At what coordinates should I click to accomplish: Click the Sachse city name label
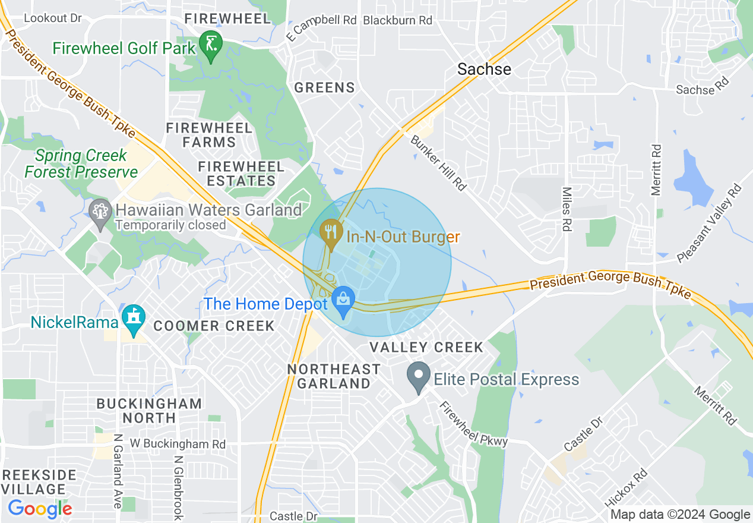pyautogui.click(x=484, y=70)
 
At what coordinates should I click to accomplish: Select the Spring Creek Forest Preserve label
pyautogui.click(x=81, y=164)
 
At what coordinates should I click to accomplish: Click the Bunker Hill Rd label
pyautogui.click(x=438, y=162)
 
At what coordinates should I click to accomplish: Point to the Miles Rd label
pyautogui.click(x=567, y=209)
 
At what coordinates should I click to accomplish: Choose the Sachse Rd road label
pyautogui.click(x=702, y=87)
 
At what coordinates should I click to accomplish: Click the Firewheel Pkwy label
pyautogui.click(x=473, y=424)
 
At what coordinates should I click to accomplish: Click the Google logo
pyautogui.click(x=40, y=509)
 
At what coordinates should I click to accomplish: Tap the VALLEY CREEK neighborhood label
pyautogui.click(x=426, y=347)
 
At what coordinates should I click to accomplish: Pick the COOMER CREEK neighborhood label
pyautogui.click(x=214, y=326)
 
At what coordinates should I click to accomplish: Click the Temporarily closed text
pyautogui.click(x=170, y=225)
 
